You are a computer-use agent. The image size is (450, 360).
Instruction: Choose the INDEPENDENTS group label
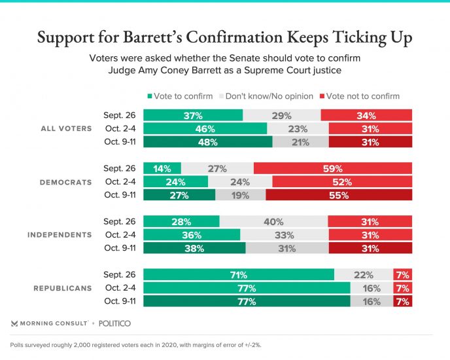pos(60,234)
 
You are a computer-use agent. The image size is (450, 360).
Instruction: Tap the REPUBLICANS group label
pos(63,288)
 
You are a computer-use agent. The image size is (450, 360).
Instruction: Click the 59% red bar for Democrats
pos(332,168)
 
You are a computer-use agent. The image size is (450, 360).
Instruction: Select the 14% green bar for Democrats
pos(162,168)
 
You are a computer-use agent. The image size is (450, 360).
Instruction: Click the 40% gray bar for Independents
pos(273,221)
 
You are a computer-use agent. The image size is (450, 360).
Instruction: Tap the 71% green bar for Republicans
pos(239,275)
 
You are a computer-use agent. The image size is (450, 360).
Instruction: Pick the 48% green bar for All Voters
pos(207,141)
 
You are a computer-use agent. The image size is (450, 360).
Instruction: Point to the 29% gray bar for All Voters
pos(281,115)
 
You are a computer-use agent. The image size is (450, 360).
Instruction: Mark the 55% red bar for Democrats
pos(338,194)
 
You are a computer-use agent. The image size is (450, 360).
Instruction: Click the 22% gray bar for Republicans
pos(363,275)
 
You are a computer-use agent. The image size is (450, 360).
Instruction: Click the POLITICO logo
pos(115,323)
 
